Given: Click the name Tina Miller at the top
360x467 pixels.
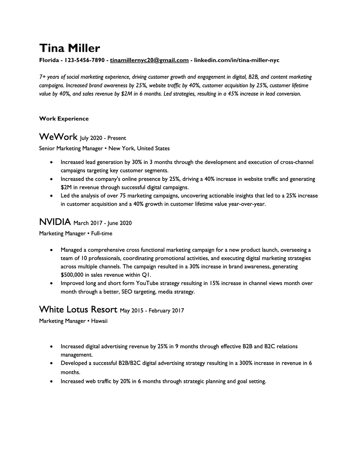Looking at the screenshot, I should [x=69, y=48].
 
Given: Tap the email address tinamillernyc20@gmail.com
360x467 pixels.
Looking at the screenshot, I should [x=149, y=60].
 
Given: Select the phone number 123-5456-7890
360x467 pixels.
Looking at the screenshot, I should [x=84, y=60].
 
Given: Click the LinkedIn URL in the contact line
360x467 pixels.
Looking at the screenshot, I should [x=237, y=60].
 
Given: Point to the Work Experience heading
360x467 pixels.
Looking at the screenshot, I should [x=64, y=119].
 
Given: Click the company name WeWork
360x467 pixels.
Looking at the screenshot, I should [x=58, y=137].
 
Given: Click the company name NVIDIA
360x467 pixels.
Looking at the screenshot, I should [x=55, y=222].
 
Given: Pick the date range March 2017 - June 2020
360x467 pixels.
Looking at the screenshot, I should [x=102, y=223].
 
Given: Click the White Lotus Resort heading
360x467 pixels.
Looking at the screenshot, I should [x=78, y=309].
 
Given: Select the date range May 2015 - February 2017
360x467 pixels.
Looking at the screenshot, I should [x=152, y=311].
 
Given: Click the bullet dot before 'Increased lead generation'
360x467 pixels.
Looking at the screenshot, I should [x=51, y=162].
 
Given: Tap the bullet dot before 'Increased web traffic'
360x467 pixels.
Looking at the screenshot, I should [x=51, y=381].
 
